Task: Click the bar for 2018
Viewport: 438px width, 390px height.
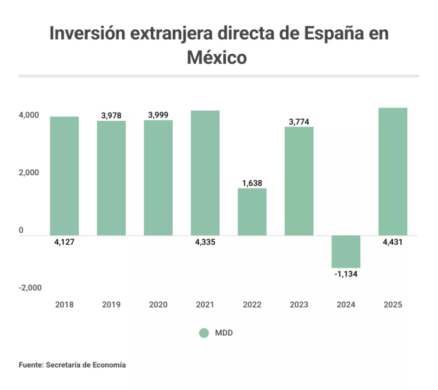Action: [x=64, y=176]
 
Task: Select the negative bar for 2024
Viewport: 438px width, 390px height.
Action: [x=346, y=252]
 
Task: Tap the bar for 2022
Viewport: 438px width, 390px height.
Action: [x=252, y=212]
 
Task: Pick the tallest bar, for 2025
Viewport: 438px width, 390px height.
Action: [x=393, y=172]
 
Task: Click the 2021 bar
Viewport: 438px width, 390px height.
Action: [x=205, y=173]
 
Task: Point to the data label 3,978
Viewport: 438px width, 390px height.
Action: [x=111, y=115]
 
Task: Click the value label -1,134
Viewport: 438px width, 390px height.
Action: [x=346, y=274]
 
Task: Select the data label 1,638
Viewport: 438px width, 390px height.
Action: [x=252, y=183]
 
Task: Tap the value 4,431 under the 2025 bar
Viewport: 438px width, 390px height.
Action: [x=392, y=242]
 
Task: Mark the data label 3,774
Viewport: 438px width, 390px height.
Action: [x=299, y=122]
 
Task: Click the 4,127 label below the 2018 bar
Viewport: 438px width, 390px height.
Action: [x=64, y=242]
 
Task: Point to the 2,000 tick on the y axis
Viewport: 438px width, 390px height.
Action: [x=29, y=172]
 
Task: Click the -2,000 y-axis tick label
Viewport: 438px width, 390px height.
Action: [x=30, y=288]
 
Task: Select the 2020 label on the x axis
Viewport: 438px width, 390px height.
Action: [x=158, y=305]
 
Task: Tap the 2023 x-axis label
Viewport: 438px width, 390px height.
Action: [x=299, y=305]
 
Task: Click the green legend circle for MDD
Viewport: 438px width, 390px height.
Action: [x=204, y=333]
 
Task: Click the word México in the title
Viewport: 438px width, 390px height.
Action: [x=217, y=57]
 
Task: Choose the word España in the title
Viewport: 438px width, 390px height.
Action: [x=334, y=33]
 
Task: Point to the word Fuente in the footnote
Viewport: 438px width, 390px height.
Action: [x=31, y=365]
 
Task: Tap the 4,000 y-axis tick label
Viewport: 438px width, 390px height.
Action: [x=29, y=115]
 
